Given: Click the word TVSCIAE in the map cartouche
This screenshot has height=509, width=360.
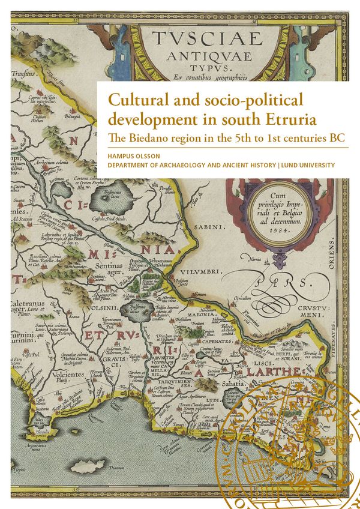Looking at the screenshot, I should (x=207, y=39).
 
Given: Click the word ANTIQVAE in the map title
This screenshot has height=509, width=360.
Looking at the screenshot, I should (x=207, y=56).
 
